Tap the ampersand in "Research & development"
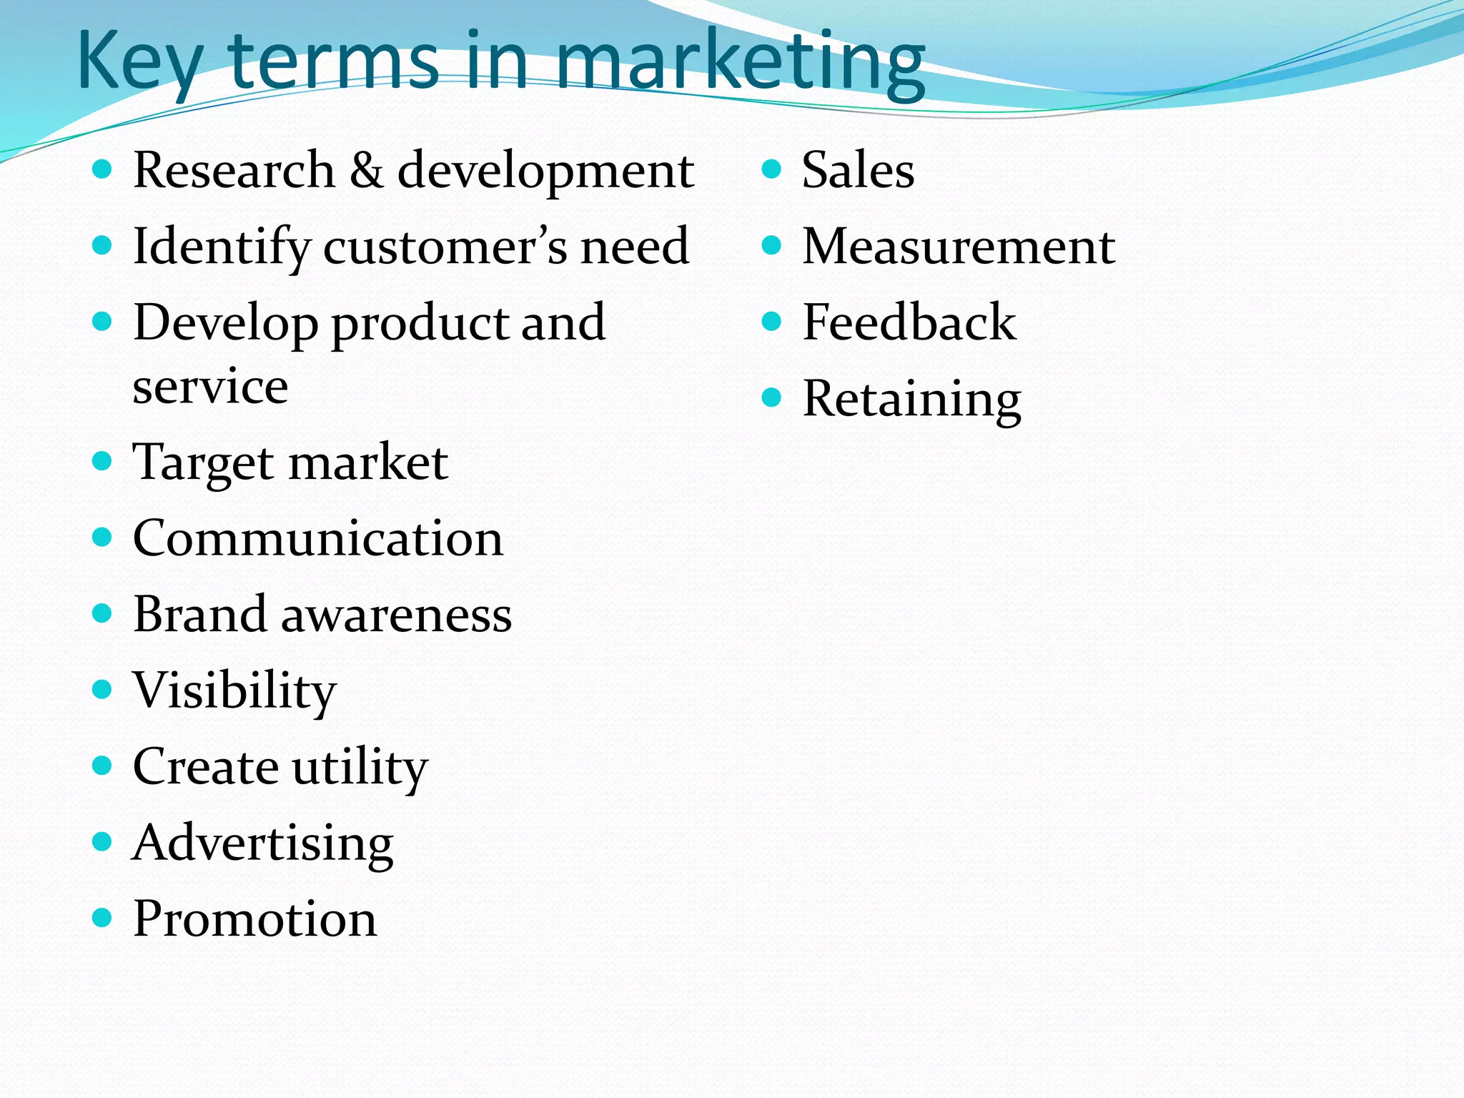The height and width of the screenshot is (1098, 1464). (x=366, y=172)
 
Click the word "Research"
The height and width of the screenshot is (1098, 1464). (x=234, y=172)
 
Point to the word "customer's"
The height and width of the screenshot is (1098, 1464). (x=445, y=247)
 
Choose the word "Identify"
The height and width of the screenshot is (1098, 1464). (x=222, y=247)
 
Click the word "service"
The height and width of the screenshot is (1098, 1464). (x=210, y=387)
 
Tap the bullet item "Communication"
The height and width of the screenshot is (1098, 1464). (x=317, y=538)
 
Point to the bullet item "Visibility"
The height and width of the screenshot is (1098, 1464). (x=234, y=691)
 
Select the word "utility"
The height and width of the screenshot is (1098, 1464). (x=360, y=768)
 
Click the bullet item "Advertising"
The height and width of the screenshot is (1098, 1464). (x=262, y=844)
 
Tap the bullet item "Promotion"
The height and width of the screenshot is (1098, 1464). (x=254, y=919)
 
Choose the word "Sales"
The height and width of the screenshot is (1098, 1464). (x=858, y=172)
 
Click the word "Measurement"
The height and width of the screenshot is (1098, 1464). (x=958, y=247)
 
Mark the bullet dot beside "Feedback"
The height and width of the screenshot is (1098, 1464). (x=771, y=322)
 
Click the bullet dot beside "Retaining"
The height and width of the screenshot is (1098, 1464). (x=771, y=397)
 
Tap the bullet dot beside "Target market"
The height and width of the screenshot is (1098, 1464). (x=103, y=461)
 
